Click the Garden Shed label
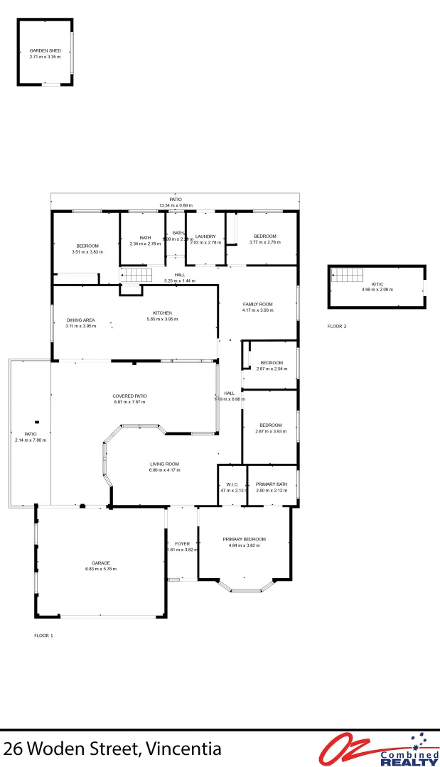(x=45, y=50)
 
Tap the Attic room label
(x=377, y=283)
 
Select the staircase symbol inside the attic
(x=346, y=275)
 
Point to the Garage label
(x=100, y=562)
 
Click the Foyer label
(x=182, y=544)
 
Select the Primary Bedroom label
(x=244, y=539)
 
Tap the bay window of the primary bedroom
(x=245, y=589)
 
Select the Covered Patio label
(x=129, y=396)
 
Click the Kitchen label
(x=162, y=313)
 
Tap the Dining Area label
(x=80, y=320)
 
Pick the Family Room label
(x=257, y=304)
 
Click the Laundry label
(x=205, y=236)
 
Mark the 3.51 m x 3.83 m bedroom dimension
(x=87, y=251)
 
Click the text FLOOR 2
(x=336, y=326)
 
